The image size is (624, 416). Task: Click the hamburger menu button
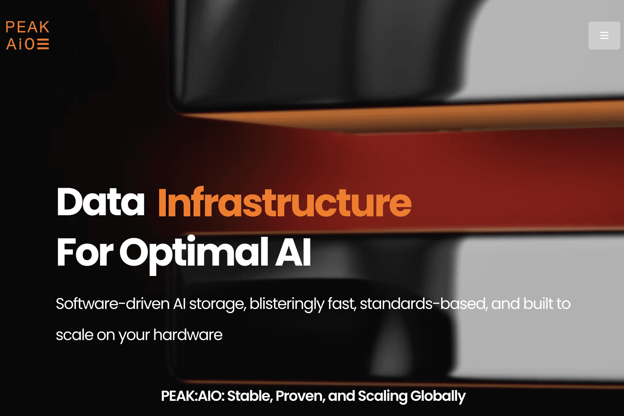[x=604, y=36]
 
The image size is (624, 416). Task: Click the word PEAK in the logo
[x=27, y=27]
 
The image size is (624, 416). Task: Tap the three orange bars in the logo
[x=43, y=44]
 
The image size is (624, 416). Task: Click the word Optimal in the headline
[x=194, y=253]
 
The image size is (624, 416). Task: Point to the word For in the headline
[x=85, y=253]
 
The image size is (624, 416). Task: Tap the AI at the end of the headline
[x=293, y=253]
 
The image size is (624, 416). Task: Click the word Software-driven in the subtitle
[x=113, y=304]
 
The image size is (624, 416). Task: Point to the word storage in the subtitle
[x=217, y=304]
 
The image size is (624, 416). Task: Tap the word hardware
[x=188, y=335]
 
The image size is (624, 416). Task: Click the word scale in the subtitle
[x=74, y=335]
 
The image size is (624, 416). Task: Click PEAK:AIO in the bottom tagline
[x=192, y=396]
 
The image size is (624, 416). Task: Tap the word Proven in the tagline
[x=300, y=396]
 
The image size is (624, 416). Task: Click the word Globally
[x=438, y=396]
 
